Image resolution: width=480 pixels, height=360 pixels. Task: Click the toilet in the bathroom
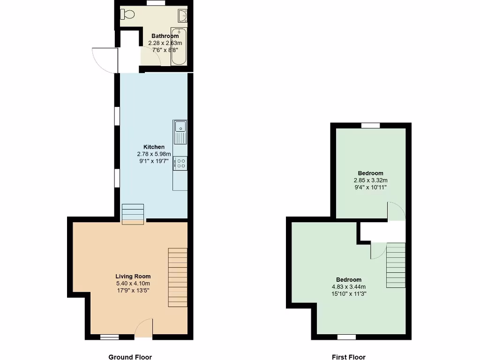tap(128, 15)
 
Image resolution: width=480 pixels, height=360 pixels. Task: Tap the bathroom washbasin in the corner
tap(183, 16)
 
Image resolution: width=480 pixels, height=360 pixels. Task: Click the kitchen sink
tap(180, 132)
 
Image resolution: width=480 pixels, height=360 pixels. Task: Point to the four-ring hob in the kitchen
tap(180, 163)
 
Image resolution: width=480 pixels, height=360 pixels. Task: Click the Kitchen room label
tap(154, 147)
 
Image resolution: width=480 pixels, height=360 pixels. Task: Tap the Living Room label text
tap(133, 277)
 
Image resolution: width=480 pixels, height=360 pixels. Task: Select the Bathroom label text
tap(165, 36)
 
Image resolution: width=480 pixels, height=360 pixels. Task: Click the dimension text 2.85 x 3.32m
tap(370, 180)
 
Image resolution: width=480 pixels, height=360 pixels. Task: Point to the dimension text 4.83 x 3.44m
tap(348, 287)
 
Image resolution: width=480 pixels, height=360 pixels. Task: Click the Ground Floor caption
tap(130, 357)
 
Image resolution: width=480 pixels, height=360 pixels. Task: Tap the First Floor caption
tap(349, 357)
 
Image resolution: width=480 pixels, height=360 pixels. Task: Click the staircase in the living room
tap(178, 277)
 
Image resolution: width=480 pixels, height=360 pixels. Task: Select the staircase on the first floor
tap(396, 265)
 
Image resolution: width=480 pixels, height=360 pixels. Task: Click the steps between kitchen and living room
tap(133, 214)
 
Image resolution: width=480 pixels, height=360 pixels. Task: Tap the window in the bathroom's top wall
tap(156, 3)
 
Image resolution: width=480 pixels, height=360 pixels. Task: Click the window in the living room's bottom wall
tap(110, 337)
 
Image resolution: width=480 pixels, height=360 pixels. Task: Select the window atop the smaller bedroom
tap(370, 125)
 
